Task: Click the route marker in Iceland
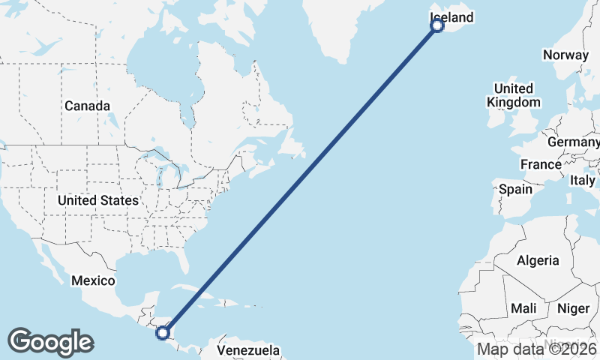pyautogui.click(x=437, y=26)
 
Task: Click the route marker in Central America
pyautogui.click(x=163, y=331)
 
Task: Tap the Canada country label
pyautogui.click(x=87, y=106)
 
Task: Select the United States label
pyautogui.click(x=98, y=200)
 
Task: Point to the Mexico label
pyautogui.click(x=93, y=280)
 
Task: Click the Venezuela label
pyautogui.click(x=248, y=350)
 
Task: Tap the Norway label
pyautogui.click(x=565, y=55)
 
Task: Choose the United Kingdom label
pyautogui.click(x=513, y=95)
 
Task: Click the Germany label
pyautogui.click(x=574, y=142)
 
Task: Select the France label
pyautogui.click(x=541, y=164)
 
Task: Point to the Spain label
pyautogui.click(x=516, y=189)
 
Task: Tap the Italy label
pyautogui.click(x=583, y=181)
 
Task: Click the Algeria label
pyautogui.click(x=538, y=260)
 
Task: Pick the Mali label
pyautogui.click(x=523, y=308)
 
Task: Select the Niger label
pyautogui.click(x=573, y=308)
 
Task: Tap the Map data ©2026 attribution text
pyautogui.click(x=537, y=349)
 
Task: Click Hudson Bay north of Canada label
pyautogui.click(x=161, y=64)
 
